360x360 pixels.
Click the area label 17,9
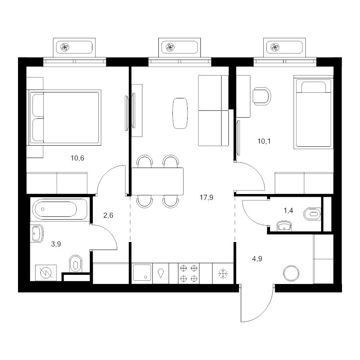pyautogui.click(x=206, y=197)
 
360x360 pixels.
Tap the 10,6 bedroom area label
pyautogui.click(x=77, y=158)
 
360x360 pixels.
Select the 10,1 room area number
pyautogui.click(x=264, y=141)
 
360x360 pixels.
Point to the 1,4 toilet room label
pyautogui.click(x=288, y=210)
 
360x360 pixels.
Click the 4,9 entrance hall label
pyautogui.click(x=257, y=259)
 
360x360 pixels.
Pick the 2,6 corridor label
pyautogui.click(x=108, y=215)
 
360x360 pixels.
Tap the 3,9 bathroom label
pyautogui.click(x=56, y=244)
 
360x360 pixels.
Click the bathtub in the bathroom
pyautogui.click(x=60, y=209)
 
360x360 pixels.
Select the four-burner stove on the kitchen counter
pyautogui.click(x=189, y=273)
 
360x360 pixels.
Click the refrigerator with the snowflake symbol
pyautogui.click(x=223, y=274)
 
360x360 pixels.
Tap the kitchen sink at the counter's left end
pyautogui.click(x=142, y=273)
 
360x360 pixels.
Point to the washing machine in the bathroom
pyautogui.click(x=46, y=273)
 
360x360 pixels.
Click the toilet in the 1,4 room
pyautogui.click(x=312, y=214)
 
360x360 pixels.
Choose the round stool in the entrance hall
pyautogui.click(x=291, y=273)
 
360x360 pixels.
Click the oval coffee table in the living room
pyautogui.click(x=180, y=113)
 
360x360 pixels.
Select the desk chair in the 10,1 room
pyautogui.click(x=262, y=96)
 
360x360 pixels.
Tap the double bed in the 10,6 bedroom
pyautogui.click(x=64, y=118)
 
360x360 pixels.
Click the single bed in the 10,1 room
pyautogui.click(x=313, y=112)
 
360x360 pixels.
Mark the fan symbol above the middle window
pyautogui.click(x=170, y=47)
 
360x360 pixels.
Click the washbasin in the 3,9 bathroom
pyautogui.click(x=37, y=234)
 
